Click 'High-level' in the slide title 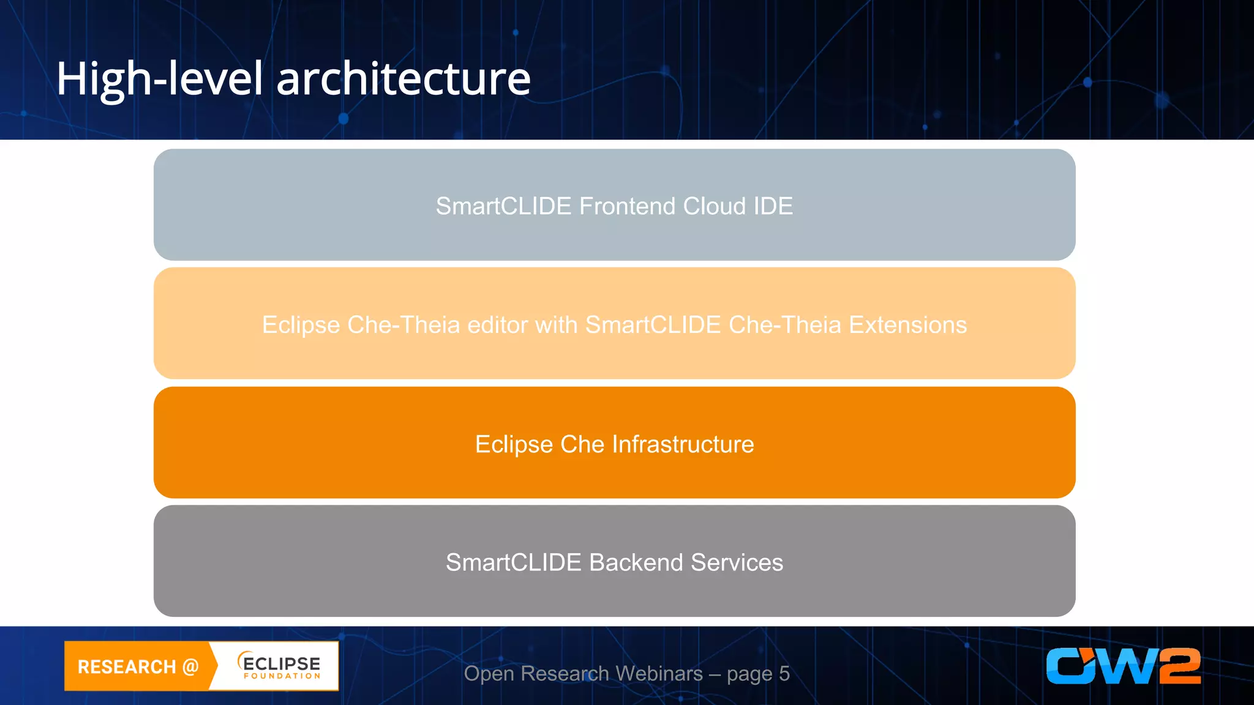(x=159, y=80)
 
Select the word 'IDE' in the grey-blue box (x=773, y=206)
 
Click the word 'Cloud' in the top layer (x=715, y=206)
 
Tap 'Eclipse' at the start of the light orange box (x=301, y=325)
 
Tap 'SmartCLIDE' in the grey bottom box (x=513, y=562)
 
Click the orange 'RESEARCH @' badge (x=138, y=666)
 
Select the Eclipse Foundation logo (x=279, y=666)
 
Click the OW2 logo (x=1123, y=666)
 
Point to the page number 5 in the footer (x=784, y=674)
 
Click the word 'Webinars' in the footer (x=659, y=674)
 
